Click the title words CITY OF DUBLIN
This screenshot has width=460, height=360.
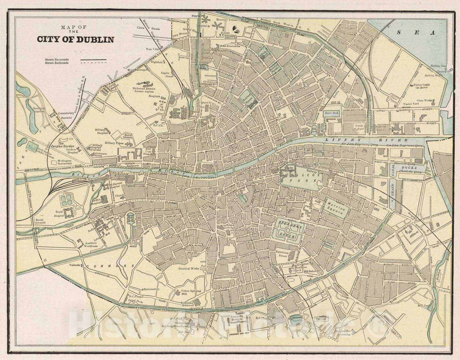coord(75,39)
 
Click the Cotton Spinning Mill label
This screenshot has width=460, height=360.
coord(188,292)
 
